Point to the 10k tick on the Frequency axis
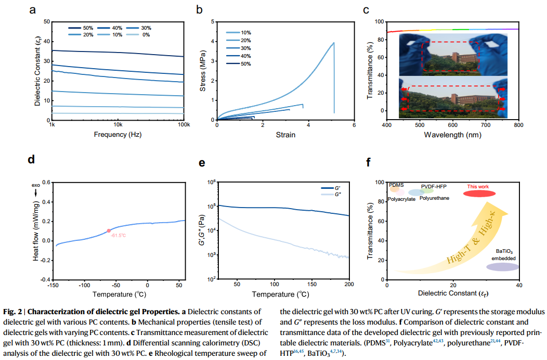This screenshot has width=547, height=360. coord(118,125)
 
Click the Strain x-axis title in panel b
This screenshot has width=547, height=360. coord(285,135)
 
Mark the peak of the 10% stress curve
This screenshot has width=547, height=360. coord(334,43)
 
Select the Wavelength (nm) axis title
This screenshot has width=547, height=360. coord(452,135)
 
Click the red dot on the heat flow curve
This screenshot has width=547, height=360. coord(109,230)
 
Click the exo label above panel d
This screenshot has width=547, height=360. coord(36,185)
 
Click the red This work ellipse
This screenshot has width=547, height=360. coord(478,194)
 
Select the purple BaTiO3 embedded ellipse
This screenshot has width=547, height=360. coord(502,267)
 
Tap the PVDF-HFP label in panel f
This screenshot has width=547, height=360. coord(434,186)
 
